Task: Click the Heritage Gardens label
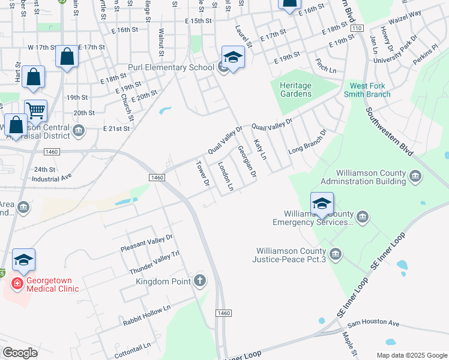coord(295,89)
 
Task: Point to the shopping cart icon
coord(35,111)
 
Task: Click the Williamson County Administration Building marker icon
coord(416,176)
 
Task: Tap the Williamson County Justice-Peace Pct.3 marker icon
coord(335,254)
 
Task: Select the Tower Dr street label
coord(203,173)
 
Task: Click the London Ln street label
coord(225,176)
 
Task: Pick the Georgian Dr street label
coord(247,161)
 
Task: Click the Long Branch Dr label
coord(307,141)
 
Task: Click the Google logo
coord(20,353)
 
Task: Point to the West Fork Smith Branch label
coord(370,90)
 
